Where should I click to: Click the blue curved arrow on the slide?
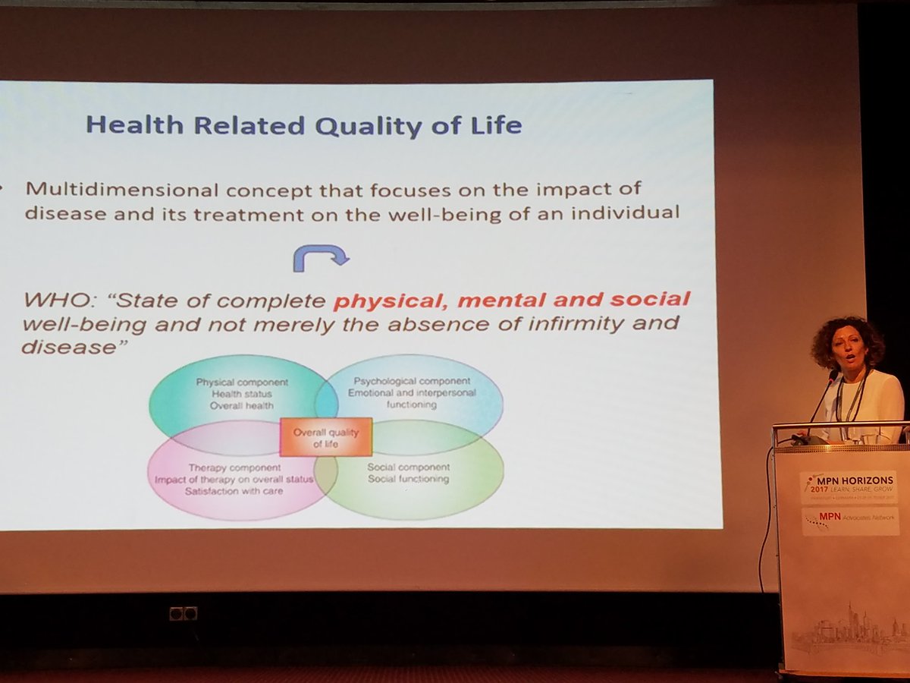tap(321, 257)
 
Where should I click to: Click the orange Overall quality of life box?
tap(326, 438)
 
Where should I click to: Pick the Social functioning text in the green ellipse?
tap(408, 479)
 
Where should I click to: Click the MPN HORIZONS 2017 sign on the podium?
tap(848, 486)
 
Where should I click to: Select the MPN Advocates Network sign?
tap(848, 521)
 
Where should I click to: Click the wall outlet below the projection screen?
tap(183, 613)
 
